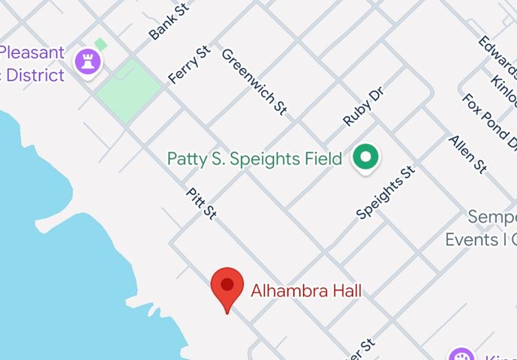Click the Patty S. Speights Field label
(254, 159)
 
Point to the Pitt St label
(201, 203)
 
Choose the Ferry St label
(189, 64)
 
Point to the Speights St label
(386, 193)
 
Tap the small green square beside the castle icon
(101, 45)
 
